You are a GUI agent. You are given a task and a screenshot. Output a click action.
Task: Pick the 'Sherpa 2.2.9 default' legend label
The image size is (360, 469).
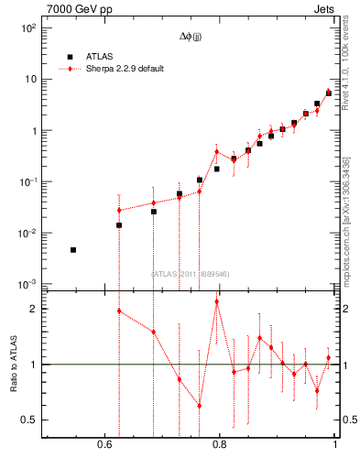click(x=126, y=69)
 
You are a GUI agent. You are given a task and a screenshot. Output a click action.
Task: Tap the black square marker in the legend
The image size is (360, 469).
click(x=70, y=56)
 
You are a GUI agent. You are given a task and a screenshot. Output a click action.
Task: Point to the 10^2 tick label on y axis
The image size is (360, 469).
click(x=27, y=27)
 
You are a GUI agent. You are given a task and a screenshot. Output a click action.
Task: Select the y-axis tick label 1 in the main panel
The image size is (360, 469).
click(x=33, y=130)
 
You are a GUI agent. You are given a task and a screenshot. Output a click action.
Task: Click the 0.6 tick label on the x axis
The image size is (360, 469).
click(x=104, y=445)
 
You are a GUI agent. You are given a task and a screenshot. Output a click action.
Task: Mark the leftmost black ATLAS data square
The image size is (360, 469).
click(x=73, y=249)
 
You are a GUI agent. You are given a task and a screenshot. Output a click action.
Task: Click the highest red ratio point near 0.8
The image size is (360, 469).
click(x=216, y=301)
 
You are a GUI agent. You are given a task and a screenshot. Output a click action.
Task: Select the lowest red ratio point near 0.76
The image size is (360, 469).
click(x=199, y=405)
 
